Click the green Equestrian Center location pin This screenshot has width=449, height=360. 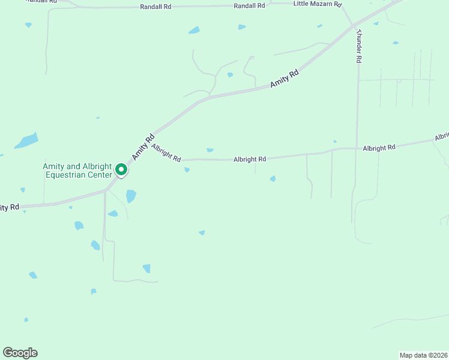[x=121, y=170]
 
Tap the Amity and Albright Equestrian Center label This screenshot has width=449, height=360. [x=77, y=170]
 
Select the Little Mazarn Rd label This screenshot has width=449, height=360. [x=317, y=4]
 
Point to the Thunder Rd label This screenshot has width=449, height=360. [x=359, y=46]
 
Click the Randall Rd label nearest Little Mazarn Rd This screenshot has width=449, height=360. [x=249, y=5]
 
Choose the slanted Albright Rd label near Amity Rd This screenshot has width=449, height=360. [x=166, y=152]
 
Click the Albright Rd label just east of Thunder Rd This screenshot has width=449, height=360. [x=379, y=147]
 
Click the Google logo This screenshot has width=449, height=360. [x=20, y=353]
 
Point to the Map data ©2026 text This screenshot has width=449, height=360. [x=423, y=355]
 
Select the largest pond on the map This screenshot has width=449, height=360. [x=26, y=141]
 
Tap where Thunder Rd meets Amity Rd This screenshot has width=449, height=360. [x=352, y=26]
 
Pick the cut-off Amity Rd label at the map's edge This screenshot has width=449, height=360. [x=10, y=208]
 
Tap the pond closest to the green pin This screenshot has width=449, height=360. [x=131, y=196]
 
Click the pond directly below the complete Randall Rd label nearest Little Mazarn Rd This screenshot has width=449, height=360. [x=241, y=27]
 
